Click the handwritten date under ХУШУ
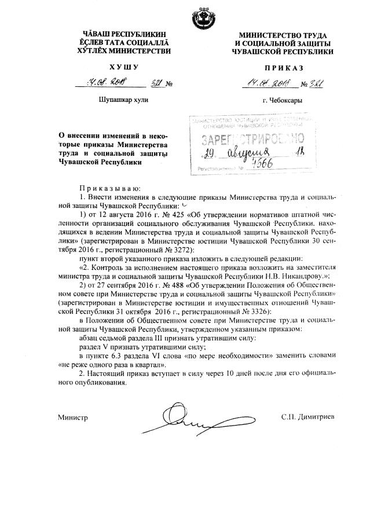[x=107, y=83]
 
